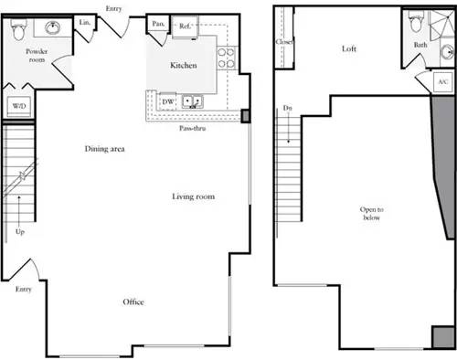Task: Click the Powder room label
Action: tap(37, 57)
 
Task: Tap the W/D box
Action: tap(17, 106)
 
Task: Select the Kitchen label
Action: tap(184, 66)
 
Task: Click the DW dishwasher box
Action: tap(168, 101)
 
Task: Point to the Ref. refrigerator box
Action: tap(184, 26)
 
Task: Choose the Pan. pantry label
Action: tap(158, 25)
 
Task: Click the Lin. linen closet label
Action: tap(84, 22)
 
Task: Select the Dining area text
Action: tap(105, 148)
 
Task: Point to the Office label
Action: tap(133, 302)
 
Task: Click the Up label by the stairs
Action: tap(20, 231)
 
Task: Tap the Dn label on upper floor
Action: tap(287, 109)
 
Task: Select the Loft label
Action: tap(348, 48)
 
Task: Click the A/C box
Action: tap(443, 82)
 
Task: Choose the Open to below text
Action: tap(371, 214)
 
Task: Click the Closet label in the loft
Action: tap(283, 41)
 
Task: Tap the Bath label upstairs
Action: tap(420, 44)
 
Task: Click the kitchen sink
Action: tap(193, 101)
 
